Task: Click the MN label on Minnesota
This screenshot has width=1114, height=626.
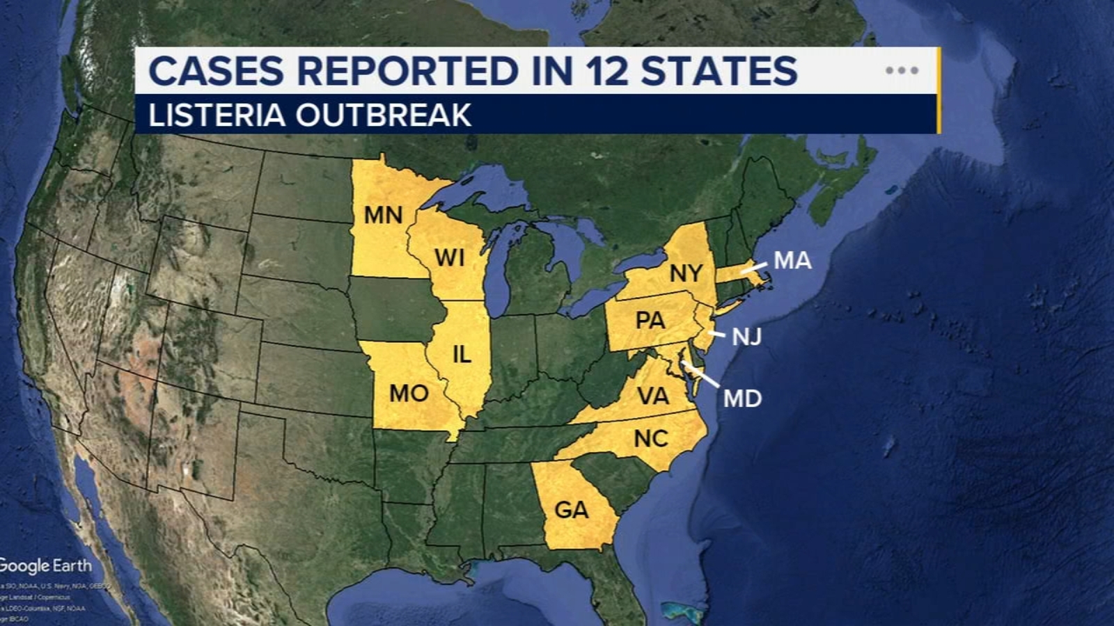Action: click(x=384, y=215)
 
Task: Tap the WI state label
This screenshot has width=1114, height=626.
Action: click(x=449, y=258)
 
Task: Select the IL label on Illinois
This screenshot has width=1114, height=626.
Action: click(x=462, y=355)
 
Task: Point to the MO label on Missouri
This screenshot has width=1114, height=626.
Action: click(x=409, y=394)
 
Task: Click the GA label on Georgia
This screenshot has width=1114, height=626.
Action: click(x=571, y=510)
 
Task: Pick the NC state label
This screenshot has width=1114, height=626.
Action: click(x=651, y=439)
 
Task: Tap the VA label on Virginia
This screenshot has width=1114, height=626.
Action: click(x=653, y=396)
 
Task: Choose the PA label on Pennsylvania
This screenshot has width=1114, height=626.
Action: click(x=650, y=321)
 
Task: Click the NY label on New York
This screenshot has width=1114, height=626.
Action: click(x=686, y=273)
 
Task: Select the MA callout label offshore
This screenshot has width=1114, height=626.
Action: click(x=792, y=261)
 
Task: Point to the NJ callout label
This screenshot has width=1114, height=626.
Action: click(x=746, y=337)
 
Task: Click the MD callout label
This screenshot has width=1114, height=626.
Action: click(x=742, y=399)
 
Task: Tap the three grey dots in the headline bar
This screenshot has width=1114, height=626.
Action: click(x=902, y=70)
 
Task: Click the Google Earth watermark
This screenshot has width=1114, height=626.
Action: click(x=45, y=565)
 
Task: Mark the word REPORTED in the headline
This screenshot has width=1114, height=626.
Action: click(x=407, y=72)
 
